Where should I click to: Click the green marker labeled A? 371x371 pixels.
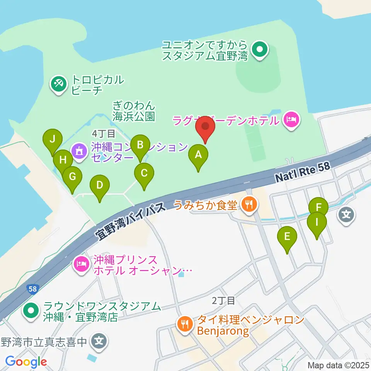click(x=198, y=155)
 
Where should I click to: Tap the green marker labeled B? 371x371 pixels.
click(x=140, y=145)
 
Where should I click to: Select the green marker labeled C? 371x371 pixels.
click(x=144, y=173)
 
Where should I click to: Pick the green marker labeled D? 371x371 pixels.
click(x=100, y=185)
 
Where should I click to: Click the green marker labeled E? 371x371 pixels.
click(x=287, y=237)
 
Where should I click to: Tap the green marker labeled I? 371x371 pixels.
click(x=317, y=223)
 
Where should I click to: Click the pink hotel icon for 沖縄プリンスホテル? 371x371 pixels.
click(x=81, y=264)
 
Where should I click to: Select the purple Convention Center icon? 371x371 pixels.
click(x=79, y=151)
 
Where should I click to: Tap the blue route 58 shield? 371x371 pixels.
click(x=32, y=288)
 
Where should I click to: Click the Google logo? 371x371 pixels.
click(x=26, y=362)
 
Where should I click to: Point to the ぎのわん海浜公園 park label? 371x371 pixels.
click(x=134, y=111)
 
